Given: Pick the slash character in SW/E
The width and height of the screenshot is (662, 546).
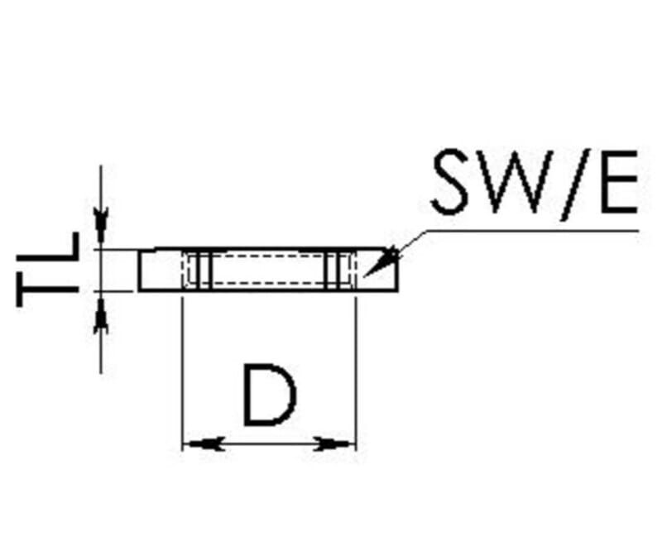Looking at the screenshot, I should pyautogui.click(x=573, y=184).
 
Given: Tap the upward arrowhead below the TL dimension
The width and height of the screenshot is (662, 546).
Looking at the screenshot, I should pyautogui.click(x=100, y=314).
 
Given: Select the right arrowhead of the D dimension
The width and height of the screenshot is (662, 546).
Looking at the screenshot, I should pyautogui.click(x=334, y=444).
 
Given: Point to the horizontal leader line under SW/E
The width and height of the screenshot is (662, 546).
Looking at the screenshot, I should pyautogui.click(x=538, y=231).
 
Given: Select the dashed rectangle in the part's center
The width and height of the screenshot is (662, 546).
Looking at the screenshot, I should pyautogui.click(x=268, y=270).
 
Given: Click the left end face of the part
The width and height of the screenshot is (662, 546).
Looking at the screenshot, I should pyautogui.click(x=139, y=271).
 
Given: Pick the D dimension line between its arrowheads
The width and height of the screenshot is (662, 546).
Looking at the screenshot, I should pyautogui.click(x=268, y=444).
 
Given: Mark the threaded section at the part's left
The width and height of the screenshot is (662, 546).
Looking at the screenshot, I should pyautogui.click(x=195, y=270).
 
